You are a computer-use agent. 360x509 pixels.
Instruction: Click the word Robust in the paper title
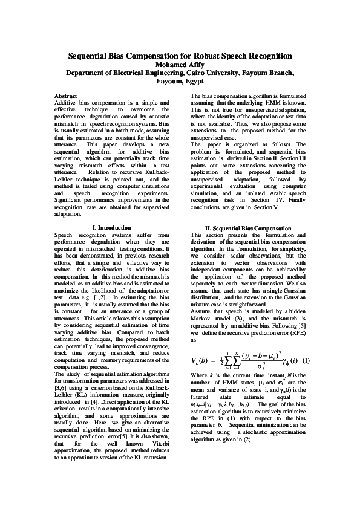coord(210,56)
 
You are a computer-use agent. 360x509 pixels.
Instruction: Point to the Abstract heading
coord(65,96)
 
